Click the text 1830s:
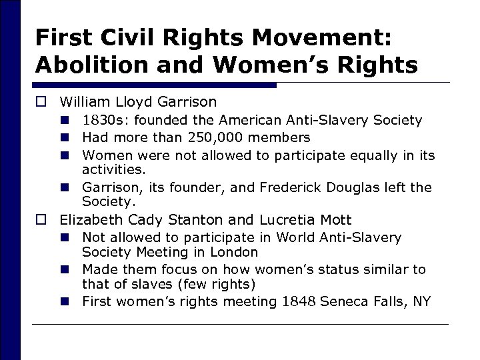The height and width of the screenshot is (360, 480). pyautogui.click(x=101, y=120)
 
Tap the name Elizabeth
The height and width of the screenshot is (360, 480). pyautogui.click(x=88, y=219)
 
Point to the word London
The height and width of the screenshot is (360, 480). pyautogui.click(x=235, y=252)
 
